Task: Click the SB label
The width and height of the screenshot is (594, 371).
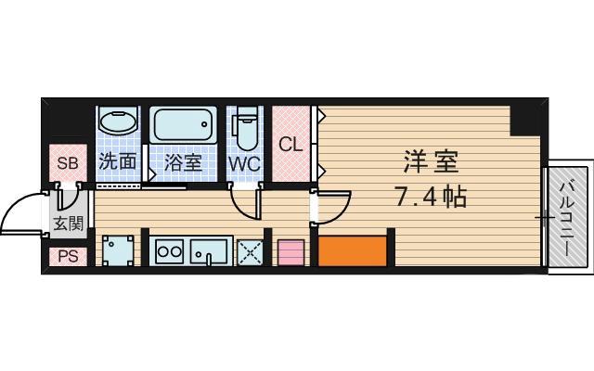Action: (x=68, y=164)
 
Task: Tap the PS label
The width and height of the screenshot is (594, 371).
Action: (x=68, y=256)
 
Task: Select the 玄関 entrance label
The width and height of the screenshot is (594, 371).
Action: (x=68, y=224)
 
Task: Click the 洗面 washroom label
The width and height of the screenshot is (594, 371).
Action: (x=118, y=161)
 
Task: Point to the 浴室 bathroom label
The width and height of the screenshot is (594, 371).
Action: (x=183, y=161)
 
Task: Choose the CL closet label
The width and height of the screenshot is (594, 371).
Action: (x=291, y=144)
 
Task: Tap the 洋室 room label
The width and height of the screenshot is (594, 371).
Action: (x=431, y=160)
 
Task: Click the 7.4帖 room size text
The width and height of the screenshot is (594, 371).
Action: (x=430, y=197)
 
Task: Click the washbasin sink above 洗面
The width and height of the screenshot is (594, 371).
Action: (x=118, y=123)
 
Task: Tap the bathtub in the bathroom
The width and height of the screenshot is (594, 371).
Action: (x=183, y=125)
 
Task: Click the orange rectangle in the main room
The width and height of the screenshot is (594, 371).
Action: (x=352, y=250)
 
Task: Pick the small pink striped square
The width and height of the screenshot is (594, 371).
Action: (x=291, y=252)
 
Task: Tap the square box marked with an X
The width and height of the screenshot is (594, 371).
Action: (x=249, y=251)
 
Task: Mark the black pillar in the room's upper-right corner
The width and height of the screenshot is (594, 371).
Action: (x=526, y=117)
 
